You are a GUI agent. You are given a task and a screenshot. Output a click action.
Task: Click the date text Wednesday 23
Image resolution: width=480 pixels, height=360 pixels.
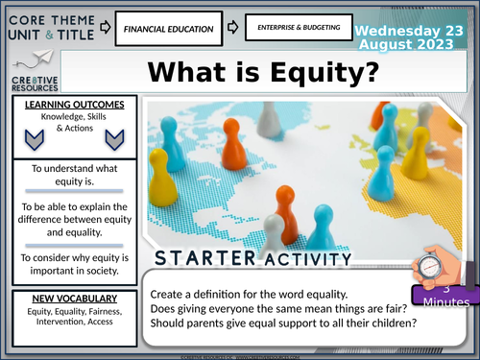[x=415, y=29]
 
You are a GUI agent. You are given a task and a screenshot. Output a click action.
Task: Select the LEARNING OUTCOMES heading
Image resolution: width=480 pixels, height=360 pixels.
[x=66, y=105]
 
